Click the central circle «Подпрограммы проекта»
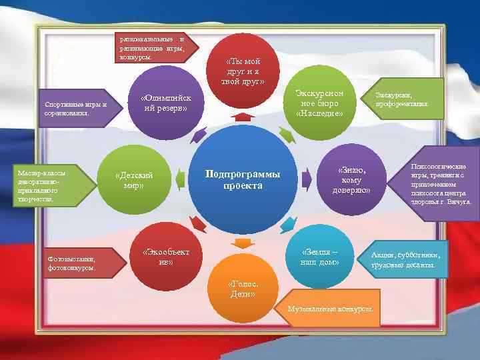click(243, 179)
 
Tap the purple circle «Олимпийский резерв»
click(164, 103)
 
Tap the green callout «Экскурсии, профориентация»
click(403, 100)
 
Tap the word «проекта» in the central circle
click(243, 186)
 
